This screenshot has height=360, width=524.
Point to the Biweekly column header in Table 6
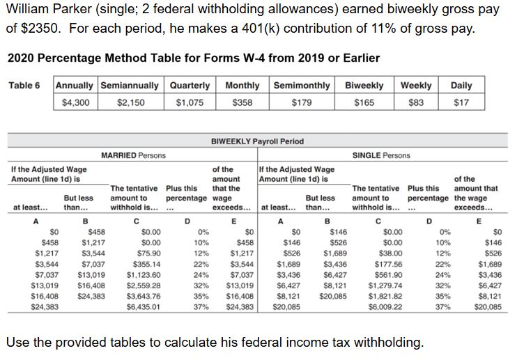coord(364,85)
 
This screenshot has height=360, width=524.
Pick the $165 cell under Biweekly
coord(364,102)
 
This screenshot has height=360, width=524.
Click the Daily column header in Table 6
coord(461,85)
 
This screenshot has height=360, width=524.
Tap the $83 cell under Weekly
coord(415,102)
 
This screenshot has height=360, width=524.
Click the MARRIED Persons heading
coord(133,155)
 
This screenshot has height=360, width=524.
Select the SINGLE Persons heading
coord(381,155)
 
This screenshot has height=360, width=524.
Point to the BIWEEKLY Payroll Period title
coord(257,141)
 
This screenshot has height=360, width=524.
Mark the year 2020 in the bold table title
coord(21,57)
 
